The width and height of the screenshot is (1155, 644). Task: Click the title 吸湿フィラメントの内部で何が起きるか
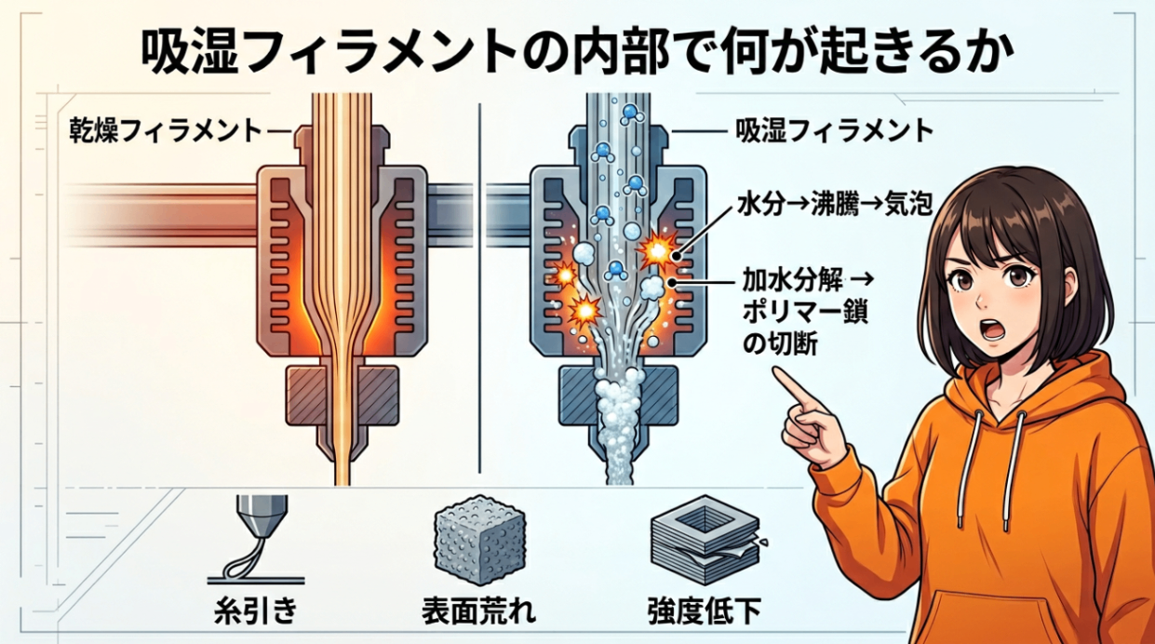[x=577, y=54]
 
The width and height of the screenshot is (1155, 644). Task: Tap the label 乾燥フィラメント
[x=166, y=131]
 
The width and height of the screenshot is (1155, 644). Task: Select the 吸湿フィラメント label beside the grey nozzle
[x=834, y=131]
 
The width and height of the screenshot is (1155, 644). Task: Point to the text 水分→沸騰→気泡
[x=835, y=204]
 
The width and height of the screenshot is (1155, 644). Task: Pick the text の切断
[x=780, y=344]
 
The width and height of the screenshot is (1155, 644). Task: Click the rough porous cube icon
[x=479, y=540]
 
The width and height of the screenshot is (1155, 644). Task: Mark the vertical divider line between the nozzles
[x=479, y=288]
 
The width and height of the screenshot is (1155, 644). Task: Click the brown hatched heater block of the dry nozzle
[x=342, y=395]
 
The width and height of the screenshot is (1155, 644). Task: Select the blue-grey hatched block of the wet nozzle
[x=619, y=396]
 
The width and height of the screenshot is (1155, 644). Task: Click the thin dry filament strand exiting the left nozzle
[x=342, y=464]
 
